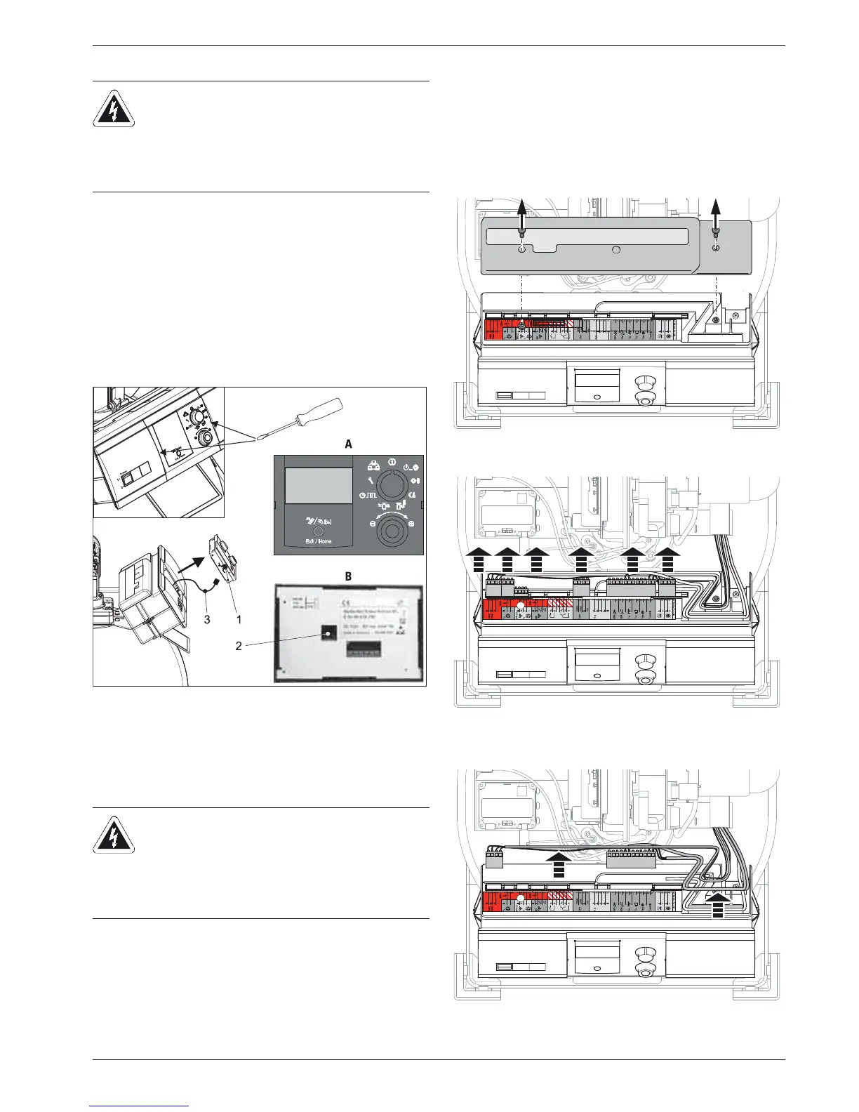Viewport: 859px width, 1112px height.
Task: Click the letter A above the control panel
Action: click(349, 444)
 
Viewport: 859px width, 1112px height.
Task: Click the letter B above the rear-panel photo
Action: click(349, 576)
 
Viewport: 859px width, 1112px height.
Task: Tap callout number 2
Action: click(239, 646)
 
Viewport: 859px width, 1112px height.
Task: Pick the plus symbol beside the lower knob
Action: click(411, 524)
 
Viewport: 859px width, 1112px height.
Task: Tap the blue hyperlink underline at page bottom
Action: click(140, 1106)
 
